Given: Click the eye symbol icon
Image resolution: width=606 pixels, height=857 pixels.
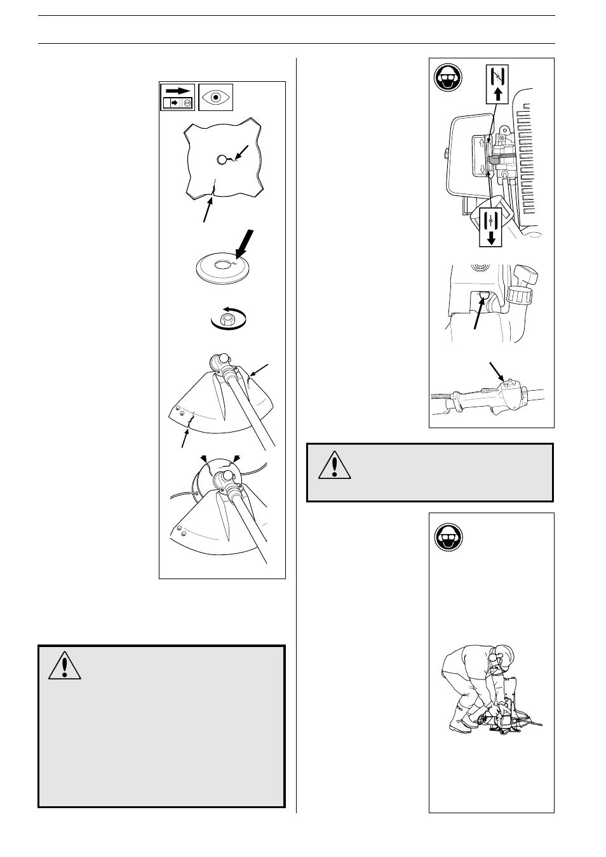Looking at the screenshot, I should tap(216, 97).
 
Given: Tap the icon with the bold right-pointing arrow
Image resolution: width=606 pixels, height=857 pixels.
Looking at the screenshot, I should tap(177, 96).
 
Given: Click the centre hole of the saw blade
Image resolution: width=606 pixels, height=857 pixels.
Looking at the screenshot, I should tap(223, 160).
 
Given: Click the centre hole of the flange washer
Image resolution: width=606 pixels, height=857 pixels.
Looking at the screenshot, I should tap(222, 263).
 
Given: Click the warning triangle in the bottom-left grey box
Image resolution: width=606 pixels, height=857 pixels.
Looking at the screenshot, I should tap(64, 664).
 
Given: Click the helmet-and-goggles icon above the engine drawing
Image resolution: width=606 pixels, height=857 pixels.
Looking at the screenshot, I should tap(447, 79).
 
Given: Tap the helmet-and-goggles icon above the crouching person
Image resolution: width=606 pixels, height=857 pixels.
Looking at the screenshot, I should tap(447, 539).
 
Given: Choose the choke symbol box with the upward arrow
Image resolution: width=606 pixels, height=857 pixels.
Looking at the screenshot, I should tap(497, 84).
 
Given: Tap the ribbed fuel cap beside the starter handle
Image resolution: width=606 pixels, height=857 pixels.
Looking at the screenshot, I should tap(519, 298).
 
